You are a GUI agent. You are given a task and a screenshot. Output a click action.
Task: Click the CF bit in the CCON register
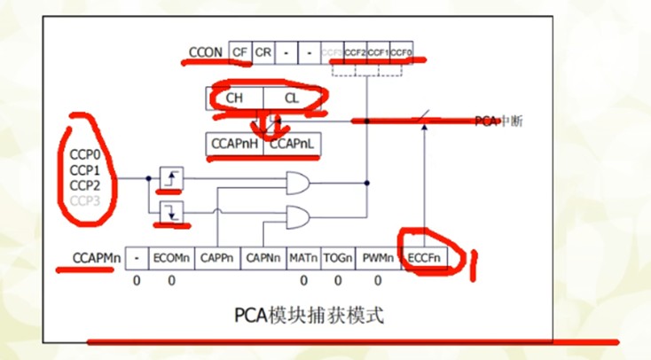[x=239, y=52]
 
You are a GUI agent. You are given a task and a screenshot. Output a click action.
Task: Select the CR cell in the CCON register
[x=263, y=52]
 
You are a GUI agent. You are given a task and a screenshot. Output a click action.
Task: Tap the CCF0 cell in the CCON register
[x=402, y=52]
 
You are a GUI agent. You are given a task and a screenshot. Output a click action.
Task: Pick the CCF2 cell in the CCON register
[x=355, y=52]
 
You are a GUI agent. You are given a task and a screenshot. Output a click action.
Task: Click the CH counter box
[x=234, y=98]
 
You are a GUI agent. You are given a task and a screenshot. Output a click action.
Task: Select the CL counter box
[x=292, y=98]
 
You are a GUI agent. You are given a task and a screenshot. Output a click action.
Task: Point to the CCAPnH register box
[x=235, y=143]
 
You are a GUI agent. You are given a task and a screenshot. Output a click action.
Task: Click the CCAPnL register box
[x=292, y=143]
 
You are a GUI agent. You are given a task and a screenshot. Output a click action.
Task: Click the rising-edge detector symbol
[x=169, y=179]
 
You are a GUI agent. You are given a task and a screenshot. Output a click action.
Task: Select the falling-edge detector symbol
[x=169, y=214]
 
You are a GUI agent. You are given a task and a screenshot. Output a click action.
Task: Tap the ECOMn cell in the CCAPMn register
[x=170, y=258]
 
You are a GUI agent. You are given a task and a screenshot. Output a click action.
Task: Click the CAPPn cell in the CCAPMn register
[x=216, y=258]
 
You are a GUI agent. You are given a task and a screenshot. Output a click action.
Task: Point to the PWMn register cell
[x=379, y=258]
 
